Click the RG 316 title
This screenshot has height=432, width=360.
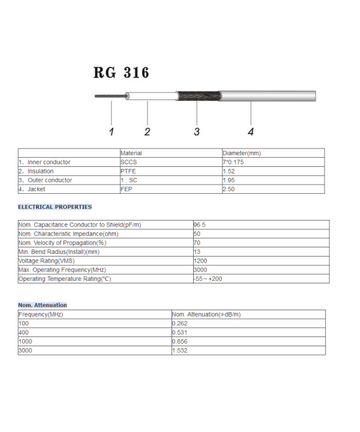coord(121,73)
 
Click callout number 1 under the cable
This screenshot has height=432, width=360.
coord(111,132)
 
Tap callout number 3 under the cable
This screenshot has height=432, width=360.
coord(196,132)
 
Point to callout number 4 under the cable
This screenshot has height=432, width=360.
coord(250,132)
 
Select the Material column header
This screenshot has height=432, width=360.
coord(131,153)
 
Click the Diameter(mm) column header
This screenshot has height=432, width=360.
coord(242,153)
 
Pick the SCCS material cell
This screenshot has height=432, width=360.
coord(129,162)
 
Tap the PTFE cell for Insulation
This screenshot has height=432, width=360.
coord(128,171)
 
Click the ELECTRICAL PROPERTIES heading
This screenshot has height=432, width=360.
coord(54,207)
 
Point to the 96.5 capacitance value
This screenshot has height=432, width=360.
coord(200,225)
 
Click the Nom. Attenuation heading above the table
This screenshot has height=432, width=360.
coord(42,305)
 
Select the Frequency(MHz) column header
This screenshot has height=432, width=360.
coord(41,314)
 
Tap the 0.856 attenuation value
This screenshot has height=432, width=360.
coord(180,342)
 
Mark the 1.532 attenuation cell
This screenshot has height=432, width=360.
coord(180,351)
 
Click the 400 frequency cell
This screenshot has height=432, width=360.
coord(24,333)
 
